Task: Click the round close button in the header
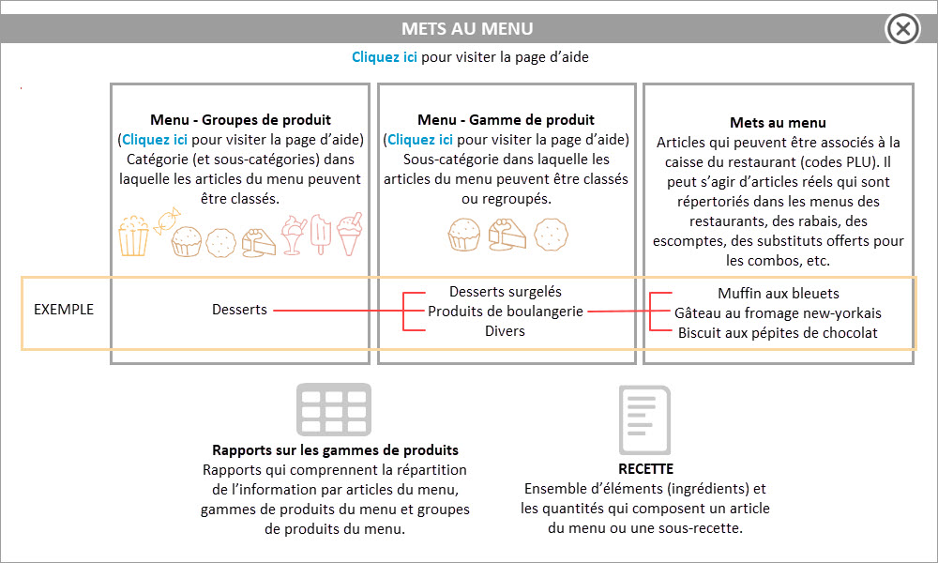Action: tap(902, 28)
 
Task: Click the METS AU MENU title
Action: tap(467, 29)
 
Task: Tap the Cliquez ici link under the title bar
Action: tap(384, 57)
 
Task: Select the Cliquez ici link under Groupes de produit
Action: tap(155, 140)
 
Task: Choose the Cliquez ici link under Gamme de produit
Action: tap(420, 140)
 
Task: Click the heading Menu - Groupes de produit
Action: tap(240, 120)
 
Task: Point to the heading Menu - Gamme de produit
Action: tap(507, 120)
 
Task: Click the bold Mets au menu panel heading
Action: tap(778, 123)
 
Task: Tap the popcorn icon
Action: tap(133, 236)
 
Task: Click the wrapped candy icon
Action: tap(167, 221)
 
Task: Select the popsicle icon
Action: tap(321, 234)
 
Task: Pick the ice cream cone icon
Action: tap(349, 234)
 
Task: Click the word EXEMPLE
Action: tap(64, 310)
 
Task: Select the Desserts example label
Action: tap(239, 310)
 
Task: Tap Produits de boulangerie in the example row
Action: tap(506, 312)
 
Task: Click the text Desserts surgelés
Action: tap(506, 292)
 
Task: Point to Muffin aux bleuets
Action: tap(779, 293)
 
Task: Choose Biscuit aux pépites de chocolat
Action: tap(778, 333)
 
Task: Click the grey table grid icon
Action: tap(334, 409)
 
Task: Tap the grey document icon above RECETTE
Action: tap(645, 420)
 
